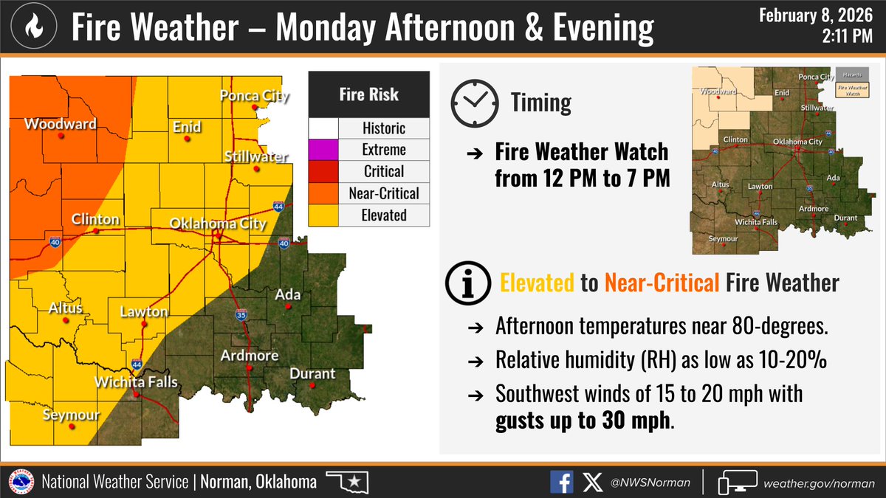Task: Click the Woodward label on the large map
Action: tap(61, 123)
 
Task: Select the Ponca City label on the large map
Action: tap(255, 96)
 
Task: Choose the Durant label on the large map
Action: tap(312, 373)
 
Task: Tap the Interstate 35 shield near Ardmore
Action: tap(241, 315)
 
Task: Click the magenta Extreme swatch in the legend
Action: tap(323, 150)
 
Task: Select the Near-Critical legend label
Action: tap(384, 193)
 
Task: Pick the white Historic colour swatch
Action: tap(323, 128)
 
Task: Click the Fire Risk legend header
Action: tap(368, 94)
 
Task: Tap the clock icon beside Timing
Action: tap(470, 103)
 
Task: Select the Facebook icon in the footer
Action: tap(561, 483)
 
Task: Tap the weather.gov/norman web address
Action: tap(812, 483)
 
